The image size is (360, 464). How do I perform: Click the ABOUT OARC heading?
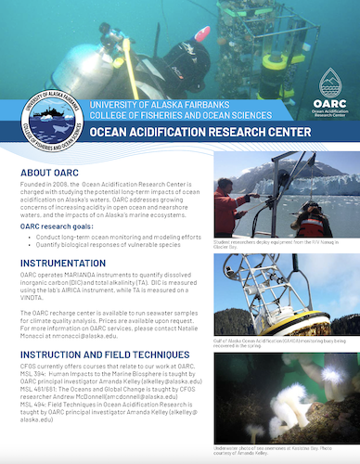(52, 173)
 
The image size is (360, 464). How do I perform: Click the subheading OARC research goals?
(62, 226)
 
